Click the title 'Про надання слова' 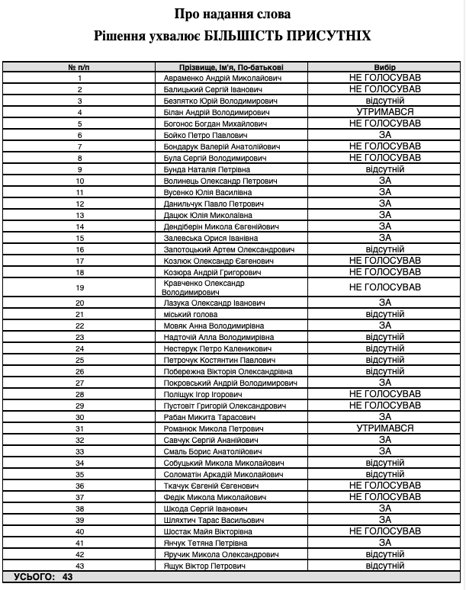coord(232,14)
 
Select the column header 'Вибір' coord(384,67)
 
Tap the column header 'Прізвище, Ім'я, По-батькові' coord(233,67)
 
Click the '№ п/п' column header coord(79,67)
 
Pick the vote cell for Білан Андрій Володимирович coord(384,112)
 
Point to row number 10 coord(79,181)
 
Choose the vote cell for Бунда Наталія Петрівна coord(384,169)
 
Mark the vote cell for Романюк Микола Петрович coord(384,428)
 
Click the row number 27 coord(79,383)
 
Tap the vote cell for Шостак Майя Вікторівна coord(384,531)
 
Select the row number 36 coord(79,486)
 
